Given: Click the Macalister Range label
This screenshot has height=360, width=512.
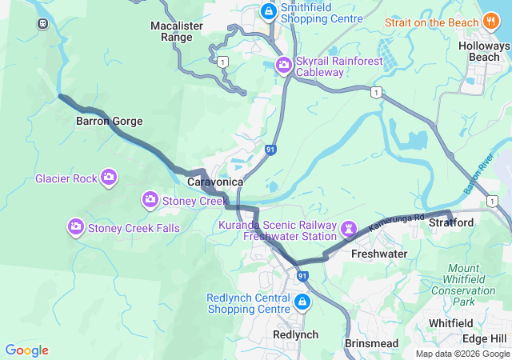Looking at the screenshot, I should tap(177, 31).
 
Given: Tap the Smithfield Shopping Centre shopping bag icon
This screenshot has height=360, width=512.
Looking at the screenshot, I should tap(267, 11).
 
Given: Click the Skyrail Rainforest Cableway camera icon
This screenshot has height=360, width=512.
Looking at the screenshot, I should tap(283, 65).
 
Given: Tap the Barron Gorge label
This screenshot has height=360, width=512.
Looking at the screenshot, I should tap(109, 122).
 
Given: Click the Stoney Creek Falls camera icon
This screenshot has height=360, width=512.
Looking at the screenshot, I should tap(76, 228).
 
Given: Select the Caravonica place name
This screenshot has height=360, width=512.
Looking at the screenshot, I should tap(215, 182).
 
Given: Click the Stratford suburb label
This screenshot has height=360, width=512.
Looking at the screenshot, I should tap(451, 222).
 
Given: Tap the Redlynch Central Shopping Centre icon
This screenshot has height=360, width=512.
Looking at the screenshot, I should tap(302, 302).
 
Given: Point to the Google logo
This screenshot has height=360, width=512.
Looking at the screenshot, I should tap(26, 350).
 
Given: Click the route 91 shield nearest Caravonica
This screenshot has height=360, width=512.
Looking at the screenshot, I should tap(271, 149).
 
